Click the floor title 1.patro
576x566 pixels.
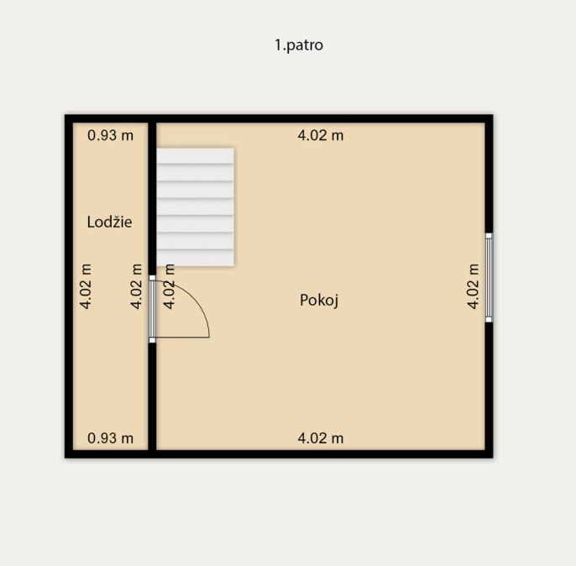[299, 45]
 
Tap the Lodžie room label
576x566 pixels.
[109, 222]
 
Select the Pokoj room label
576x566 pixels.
[319, 300]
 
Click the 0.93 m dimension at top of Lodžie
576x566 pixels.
[110, 135]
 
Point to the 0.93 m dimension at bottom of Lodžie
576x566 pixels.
[110, 438]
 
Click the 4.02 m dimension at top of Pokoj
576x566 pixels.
[321, 135]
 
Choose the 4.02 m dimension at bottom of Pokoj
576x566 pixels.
[321, 438]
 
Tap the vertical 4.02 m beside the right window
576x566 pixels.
[474, 286]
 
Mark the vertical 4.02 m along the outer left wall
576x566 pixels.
[86, 286]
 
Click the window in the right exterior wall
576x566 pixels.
[489, 278]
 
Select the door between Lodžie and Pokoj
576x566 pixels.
[152, 309]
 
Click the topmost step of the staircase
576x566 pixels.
[196, 155]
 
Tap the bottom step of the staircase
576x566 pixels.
[196, 258]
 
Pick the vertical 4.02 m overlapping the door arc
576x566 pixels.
[169, 286]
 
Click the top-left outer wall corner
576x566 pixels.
[65, 115]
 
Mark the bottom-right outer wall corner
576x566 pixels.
[492, 458]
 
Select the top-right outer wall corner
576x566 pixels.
[492, 115]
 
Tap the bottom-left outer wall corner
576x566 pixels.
[65, 458]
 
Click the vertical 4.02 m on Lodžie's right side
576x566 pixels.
[136, 286]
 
